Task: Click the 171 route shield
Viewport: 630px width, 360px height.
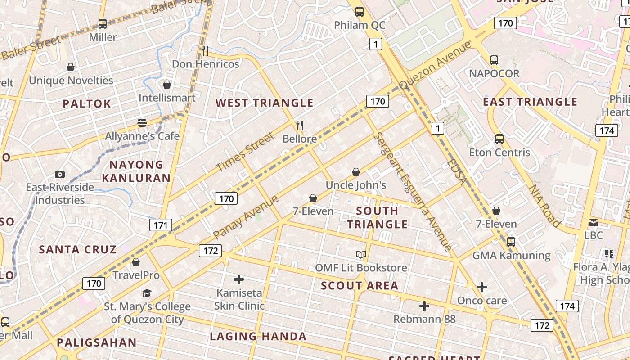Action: click(x=161, y=225)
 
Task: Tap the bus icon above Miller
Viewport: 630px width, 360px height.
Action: click(x=103, y=24)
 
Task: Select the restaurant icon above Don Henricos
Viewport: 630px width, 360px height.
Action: click(x=205, y=50)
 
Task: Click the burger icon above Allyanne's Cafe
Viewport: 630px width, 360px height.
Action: click(x=142, y=123)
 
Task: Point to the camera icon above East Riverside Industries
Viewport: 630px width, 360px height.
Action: click(x=59, y=174)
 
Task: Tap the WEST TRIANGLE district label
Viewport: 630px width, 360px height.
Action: click(x=264, y=103)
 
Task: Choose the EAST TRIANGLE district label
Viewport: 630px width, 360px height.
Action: click(x=530, y=102)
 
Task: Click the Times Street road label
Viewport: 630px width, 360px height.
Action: click(x=245, y=152)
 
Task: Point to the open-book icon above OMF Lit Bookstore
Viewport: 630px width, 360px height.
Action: click(x=361, y=255)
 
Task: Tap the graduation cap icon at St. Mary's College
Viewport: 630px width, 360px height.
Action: click(x=147, y=293)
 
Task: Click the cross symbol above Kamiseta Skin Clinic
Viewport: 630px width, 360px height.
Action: click(x=239, y=279)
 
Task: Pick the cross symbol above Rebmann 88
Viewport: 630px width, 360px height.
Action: click(x=424, y=306)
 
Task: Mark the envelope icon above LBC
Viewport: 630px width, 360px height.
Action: click(x=594, y=222)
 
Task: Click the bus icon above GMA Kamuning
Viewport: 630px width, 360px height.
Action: click(x=511, y=242)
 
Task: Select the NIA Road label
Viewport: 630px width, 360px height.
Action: click(x=544, y=206)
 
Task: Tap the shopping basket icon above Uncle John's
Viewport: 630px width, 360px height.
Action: click(x=356, y=172)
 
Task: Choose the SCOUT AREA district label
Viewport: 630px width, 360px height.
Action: click(x=360, y=286)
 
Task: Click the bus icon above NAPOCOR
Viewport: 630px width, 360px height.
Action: click(x=494, y=60)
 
